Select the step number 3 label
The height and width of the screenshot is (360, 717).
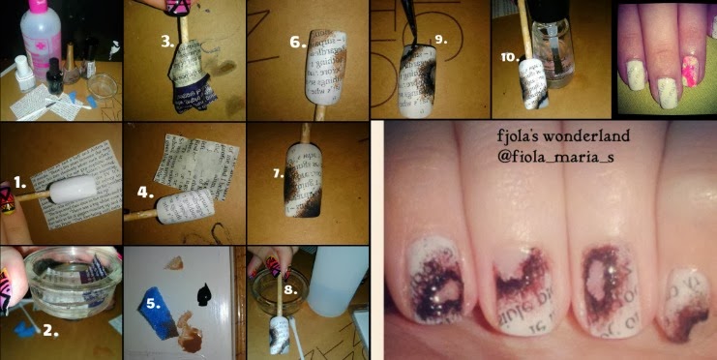pyautogui.click(x=167, y=42)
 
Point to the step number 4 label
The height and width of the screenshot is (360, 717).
pyautogui.click(x=144, y=192)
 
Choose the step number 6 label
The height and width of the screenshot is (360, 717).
pyautogui.click(x=297, y=42)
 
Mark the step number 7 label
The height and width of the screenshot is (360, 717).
pyautogui.click(x=278, y=174)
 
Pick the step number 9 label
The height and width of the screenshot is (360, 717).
pyautogui.click(x=439, y=40)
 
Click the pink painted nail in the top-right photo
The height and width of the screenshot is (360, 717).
pyautogui.click(x=689, y=62)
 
